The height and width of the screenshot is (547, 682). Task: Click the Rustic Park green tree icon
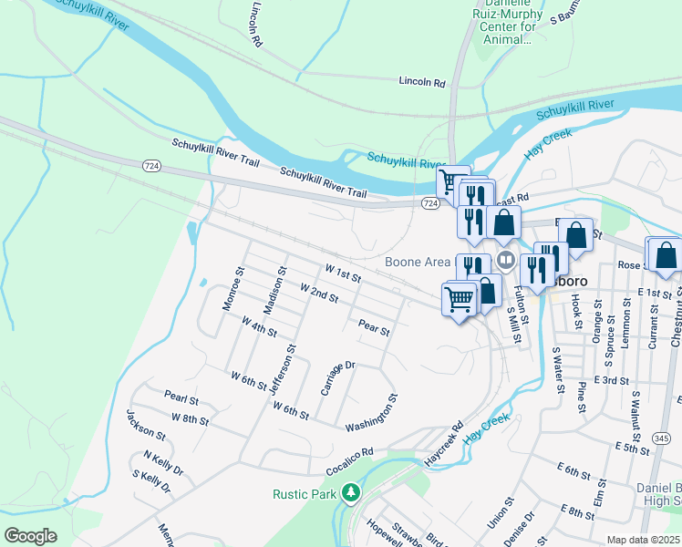350,493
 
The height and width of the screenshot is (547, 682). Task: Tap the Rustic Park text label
306,494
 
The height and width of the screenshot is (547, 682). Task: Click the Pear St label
374,325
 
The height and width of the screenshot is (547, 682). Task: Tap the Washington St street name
372,413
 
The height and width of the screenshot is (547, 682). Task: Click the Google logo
30,535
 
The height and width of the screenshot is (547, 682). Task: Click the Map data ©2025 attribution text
643,540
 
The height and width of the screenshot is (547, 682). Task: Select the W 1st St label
343,273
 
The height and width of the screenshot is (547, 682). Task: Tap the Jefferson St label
281,369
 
